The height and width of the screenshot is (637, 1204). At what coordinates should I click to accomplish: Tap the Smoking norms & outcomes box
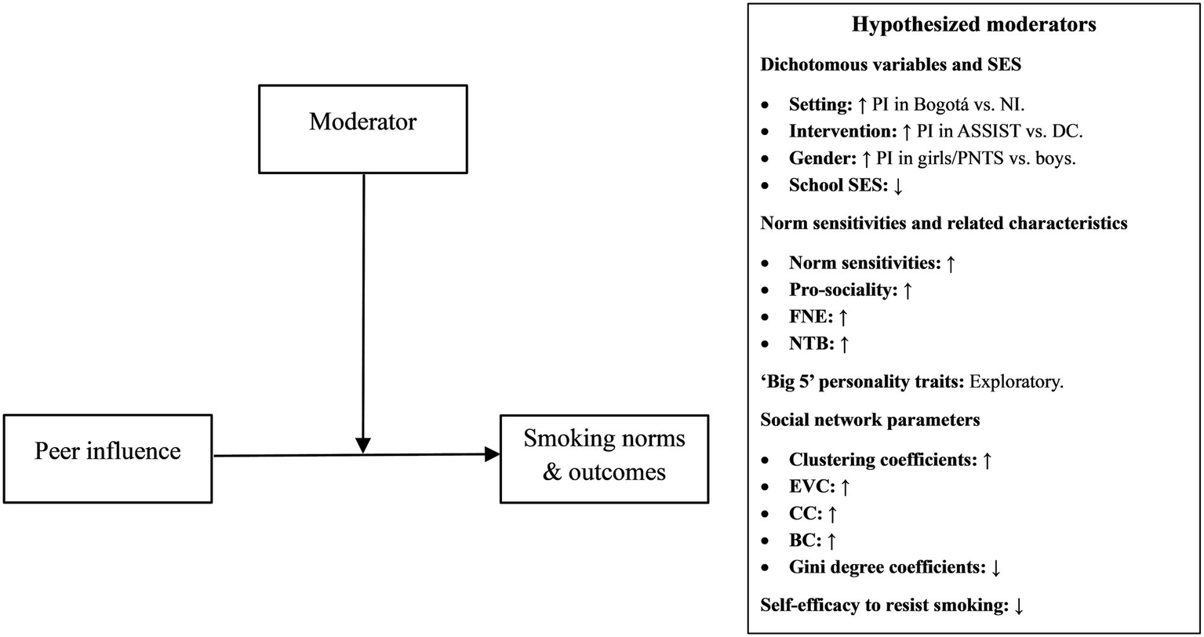pos(604,458)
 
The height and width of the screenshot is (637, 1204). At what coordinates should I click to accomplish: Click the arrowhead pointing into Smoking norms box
pos(493,454)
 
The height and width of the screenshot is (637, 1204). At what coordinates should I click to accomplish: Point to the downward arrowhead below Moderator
pos(362,445)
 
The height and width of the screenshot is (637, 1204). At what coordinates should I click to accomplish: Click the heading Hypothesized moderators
pos(973,25)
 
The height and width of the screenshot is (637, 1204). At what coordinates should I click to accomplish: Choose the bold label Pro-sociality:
pos(844,290)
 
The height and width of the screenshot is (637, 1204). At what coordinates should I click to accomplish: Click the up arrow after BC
pos(833,541)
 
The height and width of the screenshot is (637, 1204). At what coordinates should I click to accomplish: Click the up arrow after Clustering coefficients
pos(988,460)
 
